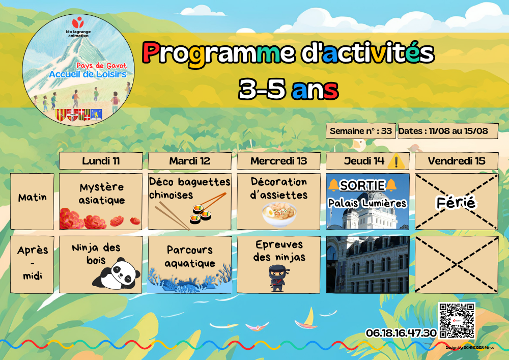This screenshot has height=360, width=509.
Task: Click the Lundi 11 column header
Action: click(x=101, y=161)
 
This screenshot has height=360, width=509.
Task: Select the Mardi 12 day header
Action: click(x=189, y=161)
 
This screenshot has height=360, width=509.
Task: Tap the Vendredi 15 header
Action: click(x=457, y=161)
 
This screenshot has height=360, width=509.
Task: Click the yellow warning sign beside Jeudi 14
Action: click(x=396, y=161)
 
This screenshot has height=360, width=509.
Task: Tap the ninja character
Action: click(x=277, y=278)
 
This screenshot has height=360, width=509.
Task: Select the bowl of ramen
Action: click(x=279, y=214)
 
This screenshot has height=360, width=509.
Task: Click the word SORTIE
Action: click(x=362, y=185)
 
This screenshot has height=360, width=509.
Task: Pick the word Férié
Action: click(x=456, y=203)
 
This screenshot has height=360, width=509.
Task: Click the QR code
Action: click(x=457, y=320)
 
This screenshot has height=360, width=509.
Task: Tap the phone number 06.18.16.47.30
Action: click(x=401, y=333)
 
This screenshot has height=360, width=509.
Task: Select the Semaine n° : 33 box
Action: click(x=361, y=131)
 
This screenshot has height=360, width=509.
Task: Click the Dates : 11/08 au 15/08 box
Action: click(x=447, y=131)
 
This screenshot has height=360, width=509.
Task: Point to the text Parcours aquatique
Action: click(x=189, y=257)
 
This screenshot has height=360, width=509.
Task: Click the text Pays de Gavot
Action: click(x=101, y=66)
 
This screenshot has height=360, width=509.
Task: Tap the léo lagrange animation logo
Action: click(x=78, y=27)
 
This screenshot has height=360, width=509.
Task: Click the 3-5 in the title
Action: click(x=262, y=89)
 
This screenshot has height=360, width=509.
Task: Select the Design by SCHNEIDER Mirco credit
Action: click(x=470, y=347)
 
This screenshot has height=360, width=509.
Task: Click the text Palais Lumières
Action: click(x=367, y=203)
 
